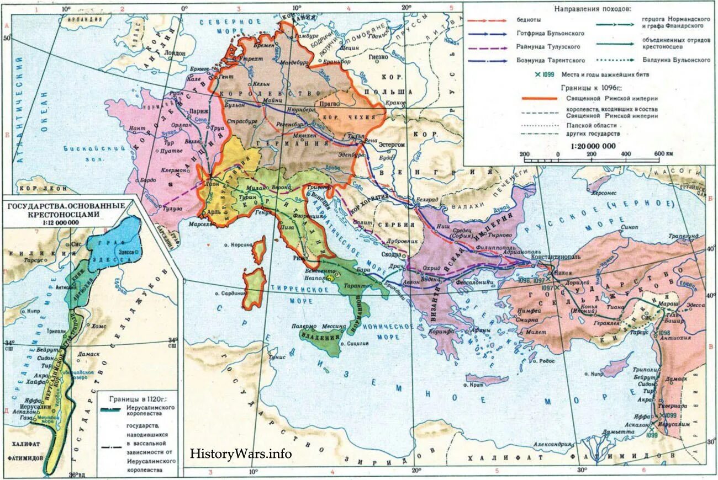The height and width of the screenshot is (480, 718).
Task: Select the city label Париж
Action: coord(199,111)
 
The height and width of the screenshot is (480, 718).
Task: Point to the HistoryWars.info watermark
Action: coord(240,454)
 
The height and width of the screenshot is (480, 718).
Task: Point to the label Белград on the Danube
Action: coord(427,199)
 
